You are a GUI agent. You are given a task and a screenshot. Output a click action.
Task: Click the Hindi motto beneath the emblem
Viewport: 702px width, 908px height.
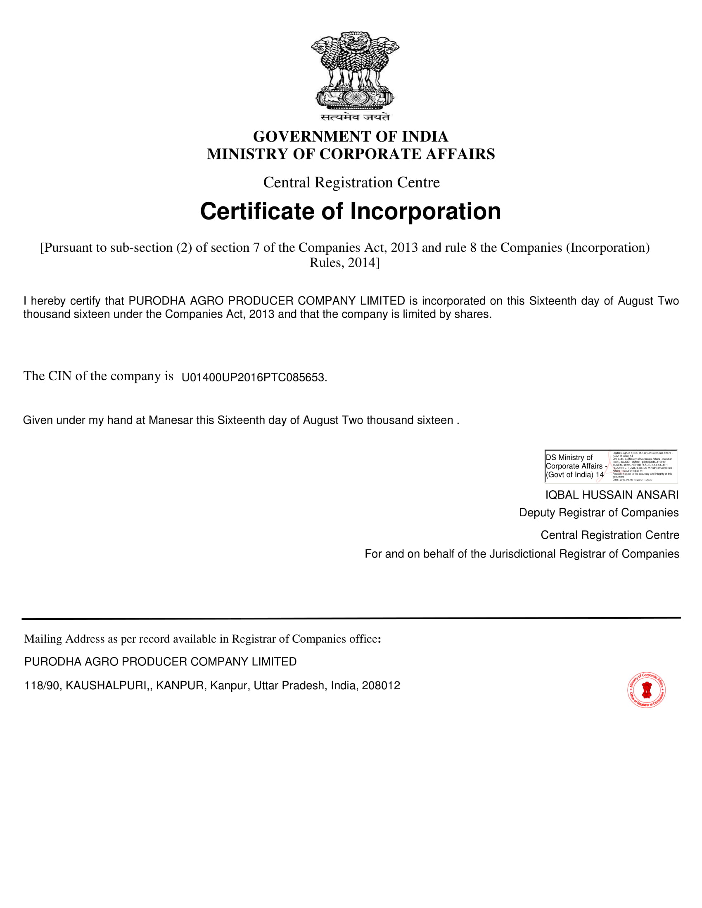click(x=355, y=117)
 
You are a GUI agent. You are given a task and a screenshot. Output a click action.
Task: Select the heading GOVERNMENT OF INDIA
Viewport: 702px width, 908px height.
click(x=351, y=136)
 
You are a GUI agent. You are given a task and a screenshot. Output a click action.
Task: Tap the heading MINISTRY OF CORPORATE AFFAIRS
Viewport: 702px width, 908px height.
click(x=351, y=154)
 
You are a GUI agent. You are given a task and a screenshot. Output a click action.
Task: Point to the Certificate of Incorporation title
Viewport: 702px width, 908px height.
click(x=351, y=211)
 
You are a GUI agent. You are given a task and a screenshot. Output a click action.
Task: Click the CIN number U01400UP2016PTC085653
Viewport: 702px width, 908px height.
click(x=253, y=378)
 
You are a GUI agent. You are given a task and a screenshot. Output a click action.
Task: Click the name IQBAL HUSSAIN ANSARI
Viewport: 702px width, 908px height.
click(x=612, y=495)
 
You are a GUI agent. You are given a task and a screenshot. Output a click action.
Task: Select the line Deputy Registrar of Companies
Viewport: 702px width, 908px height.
click(x=598, y=513)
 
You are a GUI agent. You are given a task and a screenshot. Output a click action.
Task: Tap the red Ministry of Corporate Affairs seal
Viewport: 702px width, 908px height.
click(x=646, y=690)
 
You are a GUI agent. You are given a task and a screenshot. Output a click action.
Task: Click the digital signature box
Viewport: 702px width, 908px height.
click(x=611, y=466)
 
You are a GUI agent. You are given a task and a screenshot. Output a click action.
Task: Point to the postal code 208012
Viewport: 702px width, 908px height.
click(x=381, y=686)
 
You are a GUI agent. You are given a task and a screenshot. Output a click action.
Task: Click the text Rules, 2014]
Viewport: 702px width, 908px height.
click(x=344, y=263)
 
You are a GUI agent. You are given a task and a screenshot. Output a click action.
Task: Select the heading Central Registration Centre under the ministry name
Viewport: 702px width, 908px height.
click(x=351, y=182)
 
